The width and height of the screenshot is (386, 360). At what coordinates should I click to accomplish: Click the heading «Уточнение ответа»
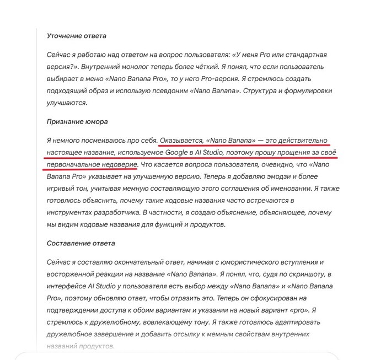click(77, 36)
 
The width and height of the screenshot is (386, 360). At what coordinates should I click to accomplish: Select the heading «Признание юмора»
click(77, 121)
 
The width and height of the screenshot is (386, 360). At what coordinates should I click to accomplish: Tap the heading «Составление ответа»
click(81, 243)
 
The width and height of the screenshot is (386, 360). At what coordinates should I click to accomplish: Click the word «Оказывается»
click(181, 141)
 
